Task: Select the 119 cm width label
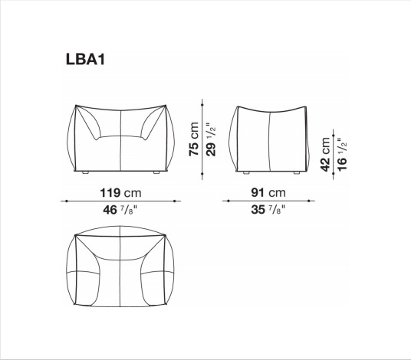pyautogui.click(x=122, y=191)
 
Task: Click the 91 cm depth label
pyautogui.click(x=268, y=191)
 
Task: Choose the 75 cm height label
pyautogui.click(x=194, y=139)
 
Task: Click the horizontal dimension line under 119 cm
pyautogui.click(x=122, y=201)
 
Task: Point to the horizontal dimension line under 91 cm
pyautogui.click(x=268, y=201)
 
